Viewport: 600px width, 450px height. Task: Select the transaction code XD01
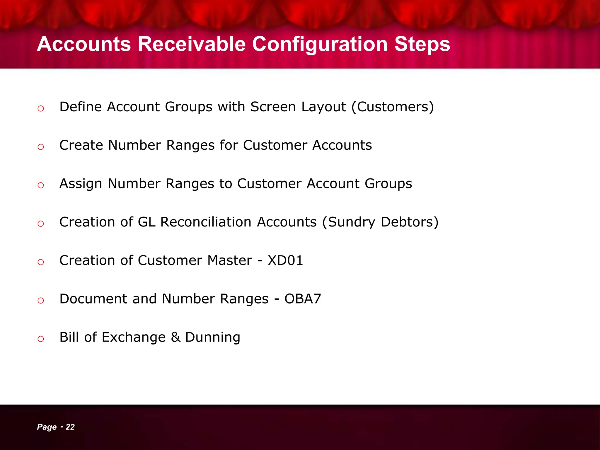(x=285, y=260)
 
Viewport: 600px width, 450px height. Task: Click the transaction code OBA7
(x=303, y=299)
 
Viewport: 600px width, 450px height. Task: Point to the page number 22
(x=70, y=427)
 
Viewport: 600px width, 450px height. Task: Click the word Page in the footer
(x=47, y=427)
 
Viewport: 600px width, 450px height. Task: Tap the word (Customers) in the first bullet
(x=393, y=107)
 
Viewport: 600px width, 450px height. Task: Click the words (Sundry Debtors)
(x=380, y=222)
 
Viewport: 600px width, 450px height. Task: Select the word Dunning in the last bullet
(x=213, y=337)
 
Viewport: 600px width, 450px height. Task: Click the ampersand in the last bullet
(x=175, y=337)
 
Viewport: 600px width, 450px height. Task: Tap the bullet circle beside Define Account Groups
(x=41, y=109)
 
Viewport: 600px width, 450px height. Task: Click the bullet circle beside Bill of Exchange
(x=41, y=339)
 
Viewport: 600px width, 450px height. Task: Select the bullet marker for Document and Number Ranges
(x=41, y=301)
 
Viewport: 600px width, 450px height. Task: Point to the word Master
(x=229, y=260)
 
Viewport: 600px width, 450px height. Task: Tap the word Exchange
(x=134, y=337)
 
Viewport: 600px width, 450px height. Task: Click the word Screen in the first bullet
(x=273, y=107)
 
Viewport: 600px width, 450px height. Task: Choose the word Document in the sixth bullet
(x=93, y=299)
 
